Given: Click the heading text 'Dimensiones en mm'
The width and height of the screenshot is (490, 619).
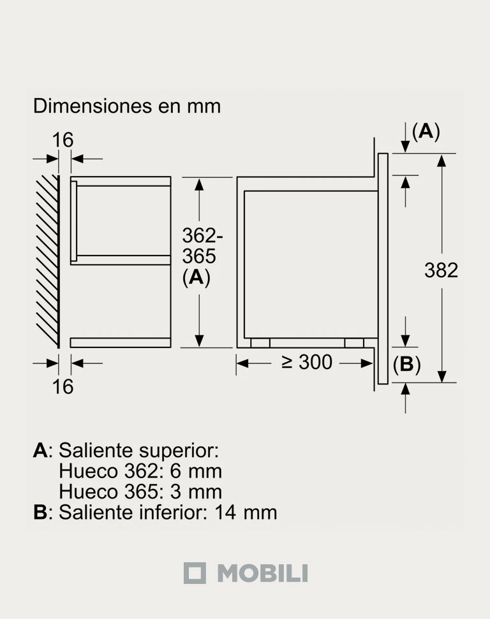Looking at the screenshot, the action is click(127, 106).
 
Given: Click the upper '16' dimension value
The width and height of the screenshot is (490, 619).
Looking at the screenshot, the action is click(63, 140).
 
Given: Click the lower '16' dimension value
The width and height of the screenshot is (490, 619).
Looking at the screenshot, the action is click(63, 386).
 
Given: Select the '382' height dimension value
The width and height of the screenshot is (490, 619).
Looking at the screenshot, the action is click(441, 270).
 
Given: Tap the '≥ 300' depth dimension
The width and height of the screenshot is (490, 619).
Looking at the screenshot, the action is click(307, 362).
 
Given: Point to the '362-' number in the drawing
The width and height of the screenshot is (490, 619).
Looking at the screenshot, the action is click(202, 236).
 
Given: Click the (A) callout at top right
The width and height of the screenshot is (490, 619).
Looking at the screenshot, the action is click(426, 131).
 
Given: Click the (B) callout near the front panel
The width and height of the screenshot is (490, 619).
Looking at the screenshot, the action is click(406, 365).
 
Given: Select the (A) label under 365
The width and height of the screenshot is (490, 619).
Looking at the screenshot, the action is click(197, 278).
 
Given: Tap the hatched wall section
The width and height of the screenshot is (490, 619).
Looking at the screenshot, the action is click(47, 261).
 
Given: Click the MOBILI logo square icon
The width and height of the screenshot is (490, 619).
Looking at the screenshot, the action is click(195, 573).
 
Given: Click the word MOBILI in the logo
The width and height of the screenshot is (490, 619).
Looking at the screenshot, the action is click(263, 573).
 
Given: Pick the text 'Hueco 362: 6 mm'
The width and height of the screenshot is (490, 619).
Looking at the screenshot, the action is click(140, 471).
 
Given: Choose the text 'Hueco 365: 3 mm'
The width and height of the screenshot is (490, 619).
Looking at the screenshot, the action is click(140, 492).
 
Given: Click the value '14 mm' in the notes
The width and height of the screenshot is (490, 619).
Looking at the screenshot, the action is click(246, 513).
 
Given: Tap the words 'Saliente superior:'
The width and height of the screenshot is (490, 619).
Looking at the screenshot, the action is click(138, 451).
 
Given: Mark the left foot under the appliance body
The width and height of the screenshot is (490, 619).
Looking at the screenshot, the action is click(260, 343).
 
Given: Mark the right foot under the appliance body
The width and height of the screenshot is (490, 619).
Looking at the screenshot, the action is click(354, 343).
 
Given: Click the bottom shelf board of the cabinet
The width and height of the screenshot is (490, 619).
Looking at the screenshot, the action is click(121, 343).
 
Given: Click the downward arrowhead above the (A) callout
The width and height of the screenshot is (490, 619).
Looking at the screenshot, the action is click(405, 147).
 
